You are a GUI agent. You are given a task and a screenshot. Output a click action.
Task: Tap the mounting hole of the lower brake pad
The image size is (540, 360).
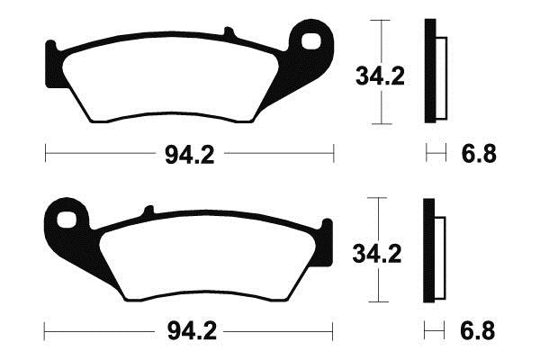(x=66, y=217)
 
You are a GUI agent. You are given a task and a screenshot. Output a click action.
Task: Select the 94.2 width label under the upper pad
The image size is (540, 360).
(x=189, y=155)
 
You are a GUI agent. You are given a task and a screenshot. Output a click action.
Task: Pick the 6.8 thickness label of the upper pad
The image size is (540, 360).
(x=478, y=155)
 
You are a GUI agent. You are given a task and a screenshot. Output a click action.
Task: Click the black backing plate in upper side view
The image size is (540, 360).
(x=430, y=70)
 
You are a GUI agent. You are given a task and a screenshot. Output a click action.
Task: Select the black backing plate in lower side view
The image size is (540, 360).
(x=430, y=249)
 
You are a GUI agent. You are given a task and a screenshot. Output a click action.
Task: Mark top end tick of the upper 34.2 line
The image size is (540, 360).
(x=382, y=21)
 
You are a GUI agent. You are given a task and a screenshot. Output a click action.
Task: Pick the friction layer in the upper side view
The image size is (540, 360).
(x=440, y=77)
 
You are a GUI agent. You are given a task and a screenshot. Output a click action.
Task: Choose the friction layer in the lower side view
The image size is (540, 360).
(x=440, y=254)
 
